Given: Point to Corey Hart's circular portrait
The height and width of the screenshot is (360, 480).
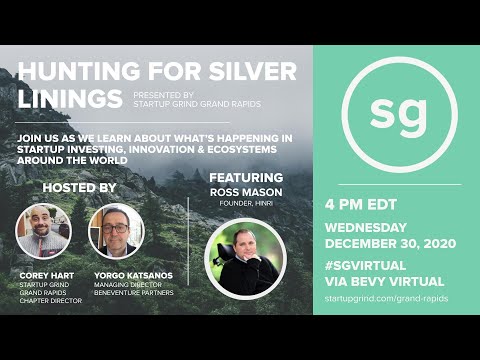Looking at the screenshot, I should coord(44,231).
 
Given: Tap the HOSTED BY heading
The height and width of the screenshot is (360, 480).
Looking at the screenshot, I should coord(79,187).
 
